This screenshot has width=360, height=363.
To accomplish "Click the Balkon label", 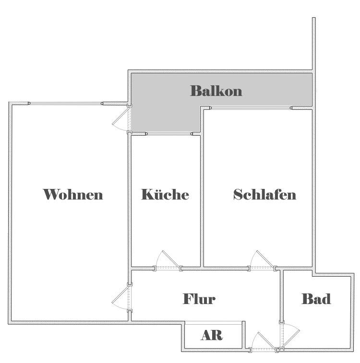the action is click(x=216, y=91).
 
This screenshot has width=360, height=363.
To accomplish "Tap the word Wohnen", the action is click(x=73, y=195).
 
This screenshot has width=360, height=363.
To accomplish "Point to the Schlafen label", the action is click(x=264, y=195).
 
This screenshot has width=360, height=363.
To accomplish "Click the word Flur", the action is click(x=199, y=299).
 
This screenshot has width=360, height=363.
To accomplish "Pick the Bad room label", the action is click(x=316, y=299).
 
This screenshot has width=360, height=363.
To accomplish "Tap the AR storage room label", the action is click(x=212, y=335).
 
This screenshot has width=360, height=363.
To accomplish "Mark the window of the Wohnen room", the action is click(x=66, y=104).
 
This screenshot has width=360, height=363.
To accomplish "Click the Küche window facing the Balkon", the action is click(x=169, y=134).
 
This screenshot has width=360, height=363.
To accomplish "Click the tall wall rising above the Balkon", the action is click(x=313, y=44).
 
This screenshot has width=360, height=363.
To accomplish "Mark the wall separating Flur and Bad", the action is click(x=282, y=296).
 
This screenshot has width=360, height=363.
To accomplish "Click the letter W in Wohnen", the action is click(x=50, y=195).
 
